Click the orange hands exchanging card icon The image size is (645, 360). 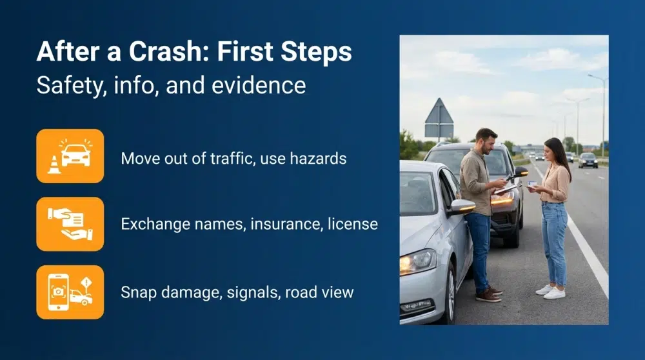(x=70, y=224)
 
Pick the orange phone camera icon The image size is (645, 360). (x=70, y=292)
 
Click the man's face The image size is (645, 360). (x=486, y=141)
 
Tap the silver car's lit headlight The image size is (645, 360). (x=417, y=261)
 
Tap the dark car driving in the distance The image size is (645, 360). (x=588, y=160)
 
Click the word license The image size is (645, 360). (x=353, y=225)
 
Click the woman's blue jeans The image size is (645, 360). (x=554, y=239)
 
